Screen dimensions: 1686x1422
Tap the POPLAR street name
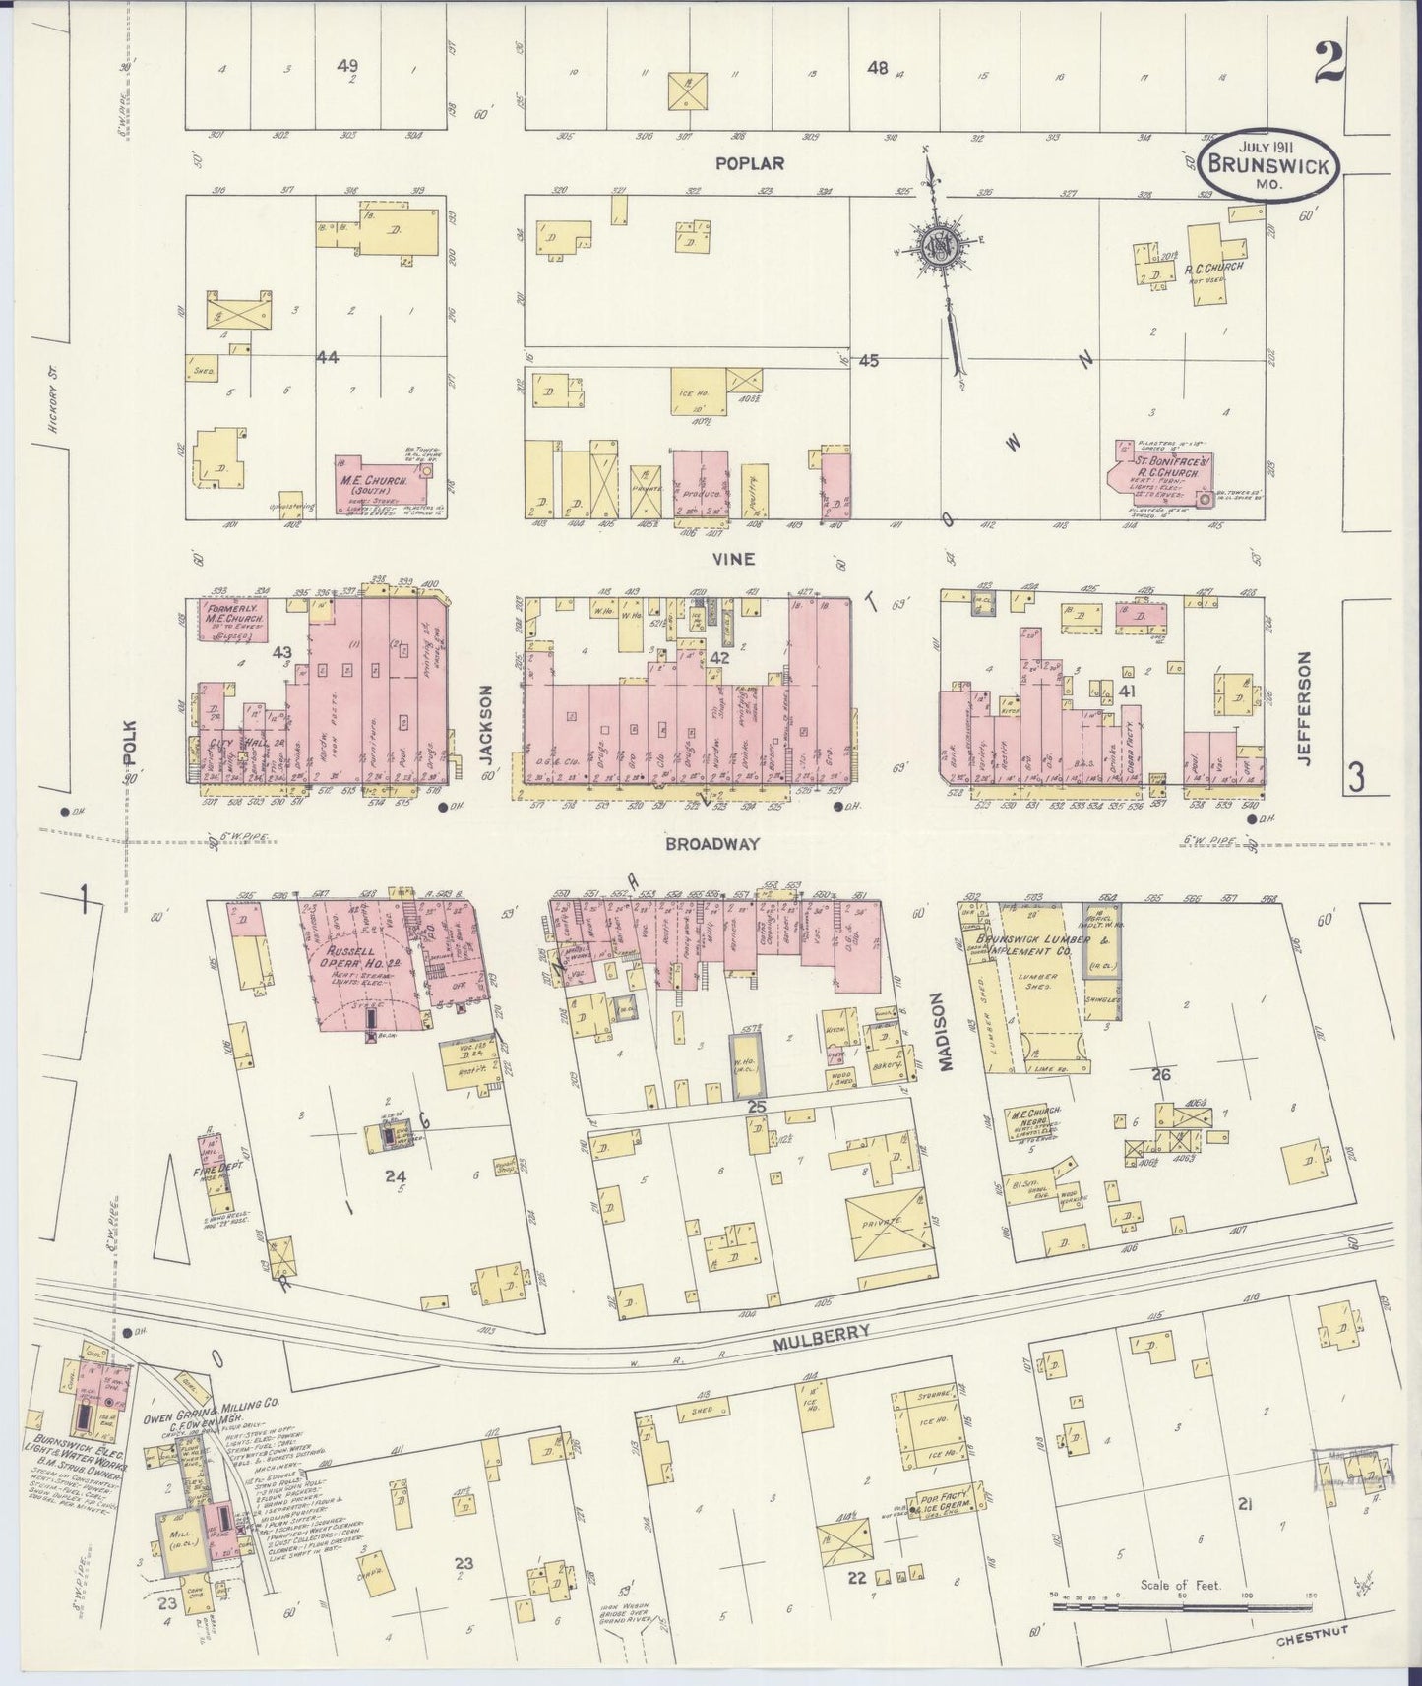[750, 163]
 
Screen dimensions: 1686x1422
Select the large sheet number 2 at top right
[1328, 66]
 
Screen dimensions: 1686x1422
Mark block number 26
[1161, 1074]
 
